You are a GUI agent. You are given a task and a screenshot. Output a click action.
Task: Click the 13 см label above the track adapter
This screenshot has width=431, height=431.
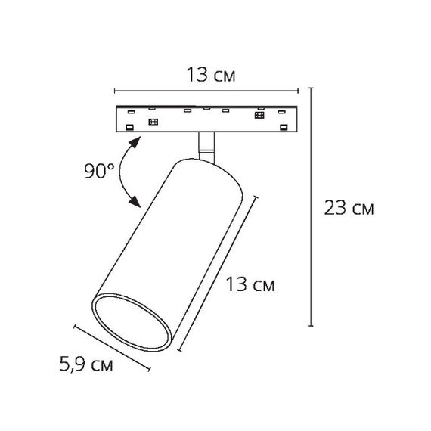pos(211,75)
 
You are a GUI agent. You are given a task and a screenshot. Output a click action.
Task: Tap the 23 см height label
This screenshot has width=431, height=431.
pos(349,207)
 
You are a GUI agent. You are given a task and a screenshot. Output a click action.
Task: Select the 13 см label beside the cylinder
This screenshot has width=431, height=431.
pos(250,284)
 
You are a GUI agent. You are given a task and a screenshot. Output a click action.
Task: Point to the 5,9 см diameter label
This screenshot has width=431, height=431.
pos(86,364)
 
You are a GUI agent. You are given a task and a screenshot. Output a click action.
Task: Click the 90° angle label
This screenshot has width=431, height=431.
pos(99,171)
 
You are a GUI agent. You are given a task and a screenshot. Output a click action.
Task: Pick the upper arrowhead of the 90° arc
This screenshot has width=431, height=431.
pos(135,142)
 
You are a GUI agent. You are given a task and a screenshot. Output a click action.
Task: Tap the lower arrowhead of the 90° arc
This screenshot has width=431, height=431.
pos(135,201)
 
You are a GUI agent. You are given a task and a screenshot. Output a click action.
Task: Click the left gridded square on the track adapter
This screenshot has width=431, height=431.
pos(153,122)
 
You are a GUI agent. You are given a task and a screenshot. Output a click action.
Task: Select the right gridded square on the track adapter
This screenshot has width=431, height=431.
pos(259,115)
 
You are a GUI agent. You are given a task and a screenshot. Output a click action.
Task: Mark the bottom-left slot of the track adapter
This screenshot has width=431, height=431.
pos(129,127)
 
